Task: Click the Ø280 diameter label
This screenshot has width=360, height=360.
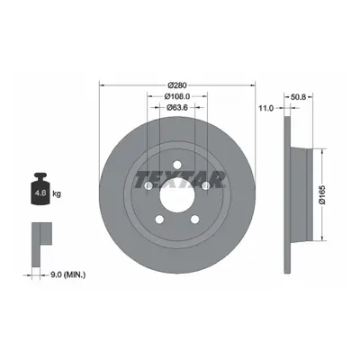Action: coord(177,85)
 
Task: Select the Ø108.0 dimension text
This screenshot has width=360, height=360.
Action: coord(177,96)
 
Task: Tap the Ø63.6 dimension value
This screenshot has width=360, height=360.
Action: coord(177,107)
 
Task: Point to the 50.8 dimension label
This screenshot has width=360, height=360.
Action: coord(298,97)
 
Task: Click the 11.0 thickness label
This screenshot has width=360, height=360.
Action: coord(266,108)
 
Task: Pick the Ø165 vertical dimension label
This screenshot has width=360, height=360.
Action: coord(322,195)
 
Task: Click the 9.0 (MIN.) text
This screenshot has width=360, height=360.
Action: coord(67,274)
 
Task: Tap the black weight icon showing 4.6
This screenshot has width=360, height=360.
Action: coord(40,189)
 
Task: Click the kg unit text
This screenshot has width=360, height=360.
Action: coord(57,193)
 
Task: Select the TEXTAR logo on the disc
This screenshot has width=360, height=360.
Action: coord(180,180)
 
